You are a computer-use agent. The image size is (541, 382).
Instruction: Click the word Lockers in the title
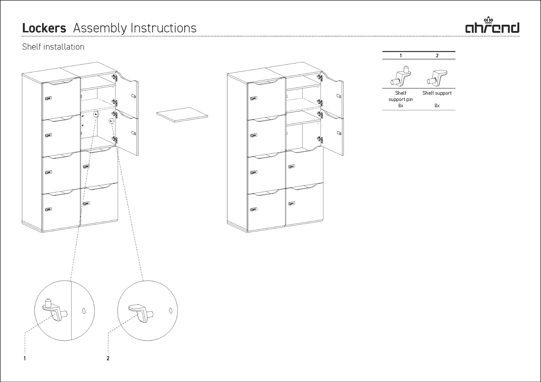(x=44, y=28)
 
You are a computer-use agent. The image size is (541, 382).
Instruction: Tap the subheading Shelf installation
(x=53, y=47)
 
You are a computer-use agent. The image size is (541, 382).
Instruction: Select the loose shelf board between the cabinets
(x=182, y=115)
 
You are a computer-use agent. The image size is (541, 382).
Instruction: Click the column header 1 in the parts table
(x=401, y=56)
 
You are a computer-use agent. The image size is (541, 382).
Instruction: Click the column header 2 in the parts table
(x=437, y=56)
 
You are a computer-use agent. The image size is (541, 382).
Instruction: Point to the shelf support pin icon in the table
(x=400, y=76)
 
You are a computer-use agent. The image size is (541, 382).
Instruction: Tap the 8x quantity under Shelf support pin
(x=401, y=106)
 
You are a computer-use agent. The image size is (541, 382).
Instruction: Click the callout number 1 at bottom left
(x=25, y=358)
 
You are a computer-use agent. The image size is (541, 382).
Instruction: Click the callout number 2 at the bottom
(x=108, y=358)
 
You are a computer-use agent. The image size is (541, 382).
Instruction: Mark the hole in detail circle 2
(x=171, y=311)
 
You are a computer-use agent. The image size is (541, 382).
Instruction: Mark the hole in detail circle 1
(x=84, y=311)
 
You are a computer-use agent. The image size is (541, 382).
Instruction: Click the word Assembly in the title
(x=100, y=28)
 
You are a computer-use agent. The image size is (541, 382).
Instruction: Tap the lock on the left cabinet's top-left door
(x=48, y=99)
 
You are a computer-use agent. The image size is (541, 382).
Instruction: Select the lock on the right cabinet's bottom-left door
(x=254, y=209)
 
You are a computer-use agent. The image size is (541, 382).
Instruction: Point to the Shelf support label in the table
(x=437, y=93)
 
